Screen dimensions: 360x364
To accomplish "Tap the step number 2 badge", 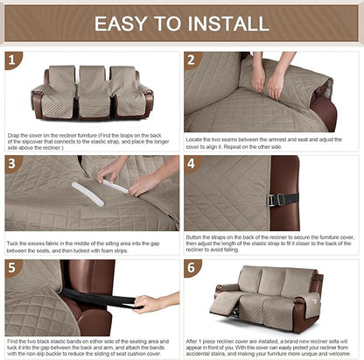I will pyautogui.click(x=192, y=61).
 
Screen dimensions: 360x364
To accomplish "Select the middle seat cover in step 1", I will pyautogui.click(x=91, y=90).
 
